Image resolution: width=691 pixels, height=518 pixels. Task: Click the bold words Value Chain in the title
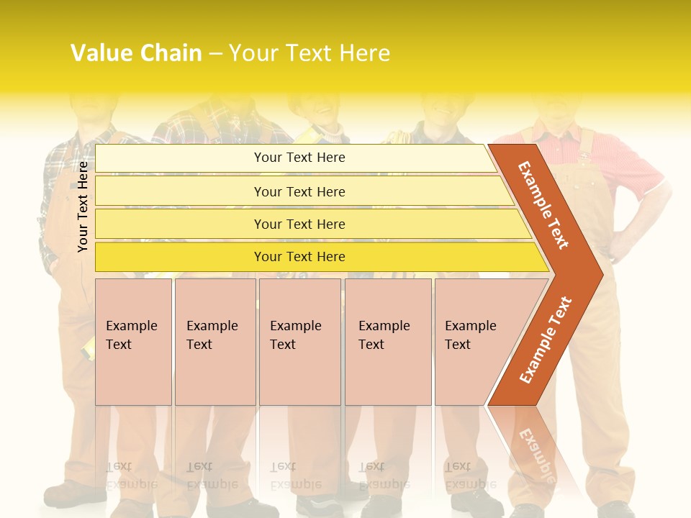click(x=136, y=53)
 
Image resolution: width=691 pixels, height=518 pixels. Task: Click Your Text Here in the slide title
click(x=310, y=53)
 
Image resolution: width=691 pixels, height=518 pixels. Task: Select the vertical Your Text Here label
click(x=83, y=206)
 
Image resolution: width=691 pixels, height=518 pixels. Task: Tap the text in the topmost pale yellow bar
click(x=299, y=158)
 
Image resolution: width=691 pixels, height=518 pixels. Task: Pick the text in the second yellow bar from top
click(x=299, y=191)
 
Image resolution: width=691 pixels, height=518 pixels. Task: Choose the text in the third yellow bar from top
click(x=299, y=224)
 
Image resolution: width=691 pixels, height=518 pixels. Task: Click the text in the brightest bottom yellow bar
click(x=299, y=257)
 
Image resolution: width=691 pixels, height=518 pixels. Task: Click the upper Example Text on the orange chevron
click(x=543, y=205)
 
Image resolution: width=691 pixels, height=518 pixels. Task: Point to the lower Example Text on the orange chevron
click(x=546, y=340)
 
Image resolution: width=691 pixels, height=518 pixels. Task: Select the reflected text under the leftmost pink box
click(x=132, y=475)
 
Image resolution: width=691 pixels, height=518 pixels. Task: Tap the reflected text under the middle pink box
click(x=296, y=475)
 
